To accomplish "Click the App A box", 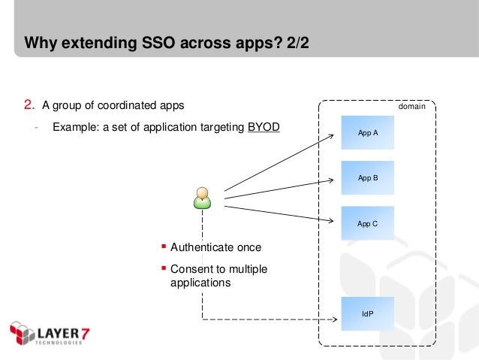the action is pos(367,132).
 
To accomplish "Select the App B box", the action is pos(367,178).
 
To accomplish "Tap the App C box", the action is pos(367,223).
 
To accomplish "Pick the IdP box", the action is pos(367,313).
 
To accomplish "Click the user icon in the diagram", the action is pos(202,198).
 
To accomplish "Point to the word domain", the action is pos(411,107).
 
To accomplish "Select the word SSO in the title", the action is pos(149,44).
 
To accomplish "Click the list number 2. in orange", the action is pos(29,104).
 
